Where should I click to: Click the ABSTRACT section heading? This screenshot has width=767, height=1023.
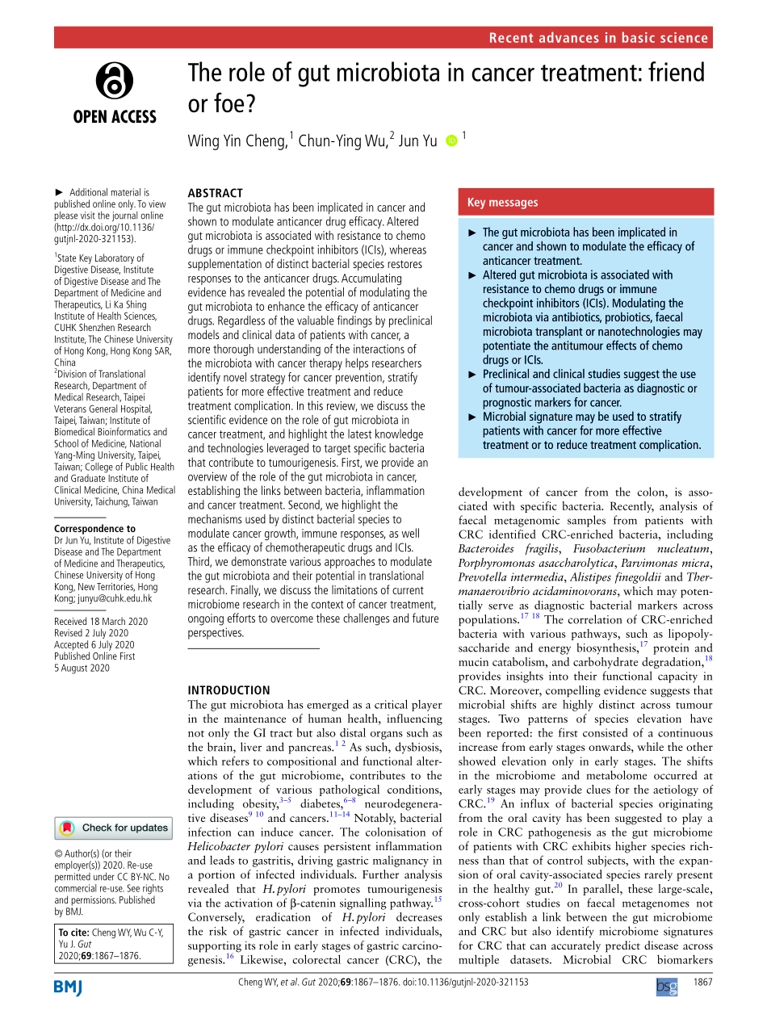pyautogui.click(x=215, y=193)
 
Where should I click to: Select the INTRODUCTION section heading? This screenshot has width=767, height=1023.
pyautogui.click(x=228, y=690)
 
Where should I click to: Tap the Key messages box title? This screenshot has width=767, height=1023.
pyautogui.click(x=502, y=203)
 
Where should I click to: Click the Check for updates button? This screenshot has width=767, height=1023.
pyautogui.click(x=114, y=828)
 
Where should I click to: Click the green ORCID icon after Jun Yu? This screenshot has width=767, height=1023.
pyautogui.click(x=451, y=141)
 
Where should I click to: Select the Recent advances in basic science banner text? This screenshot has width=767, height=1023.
pyautogui.click(x=598, y=38)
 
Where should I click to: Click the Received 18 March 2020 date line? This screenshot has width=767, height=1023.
pyautogui.click(x=101, y=622)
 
